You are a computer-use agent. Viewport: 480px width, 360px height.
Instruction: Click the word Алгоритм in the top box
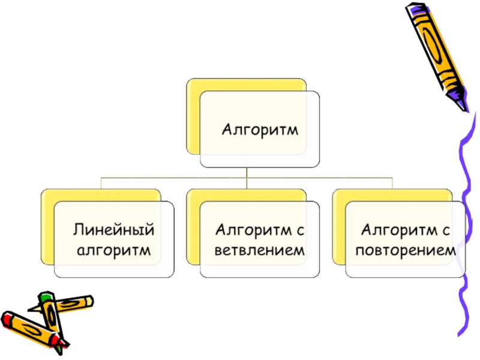click(260, 130)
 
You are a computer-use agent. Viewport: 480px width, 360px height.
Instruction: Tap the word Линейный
click(113, 230)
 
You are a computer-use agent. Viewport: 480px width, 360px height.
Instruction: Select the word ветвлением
click(260, 250)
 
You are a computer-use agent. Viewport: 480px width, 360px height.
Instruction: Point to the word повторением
click(406, 250)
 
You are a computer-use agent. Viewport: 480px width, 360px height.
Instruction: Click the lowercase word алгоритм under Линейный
click(113, 251)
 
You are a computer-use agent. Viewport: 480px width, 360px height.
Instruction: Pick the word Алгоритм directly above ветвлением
click(253, 230)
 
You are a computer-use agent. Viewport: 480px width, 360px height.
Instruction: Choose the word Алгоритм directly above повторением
click(399, 230)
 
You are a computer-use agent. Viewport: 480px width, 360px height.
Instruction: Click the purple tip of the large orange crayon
click(458, 100)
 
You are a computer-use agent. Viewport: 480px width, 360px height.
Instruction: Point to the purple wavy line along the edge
click(466, 223)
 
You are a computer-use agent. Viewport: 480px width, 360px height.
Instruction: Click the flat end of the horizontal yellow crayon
click(90, 301)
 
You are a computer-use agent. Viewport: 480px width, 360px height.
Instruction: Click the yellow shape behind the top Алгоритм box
click(193, 116)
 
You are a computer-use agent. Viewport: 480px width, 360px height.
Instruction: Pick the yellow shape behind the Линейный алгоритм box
click(47, 227)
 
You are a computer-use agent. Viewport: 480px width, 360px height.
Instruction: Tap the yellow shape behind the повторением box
click(339, 227)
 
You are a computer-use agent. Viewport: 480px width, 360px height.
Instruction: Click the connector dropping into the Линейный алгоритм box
click(101, 183)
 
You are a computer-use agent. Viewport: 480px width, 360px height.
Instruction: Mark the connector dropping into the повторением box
click(392, 183)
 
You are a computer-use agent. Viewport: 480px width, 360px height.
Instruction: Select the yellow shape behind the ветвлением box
click(193, 227)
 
